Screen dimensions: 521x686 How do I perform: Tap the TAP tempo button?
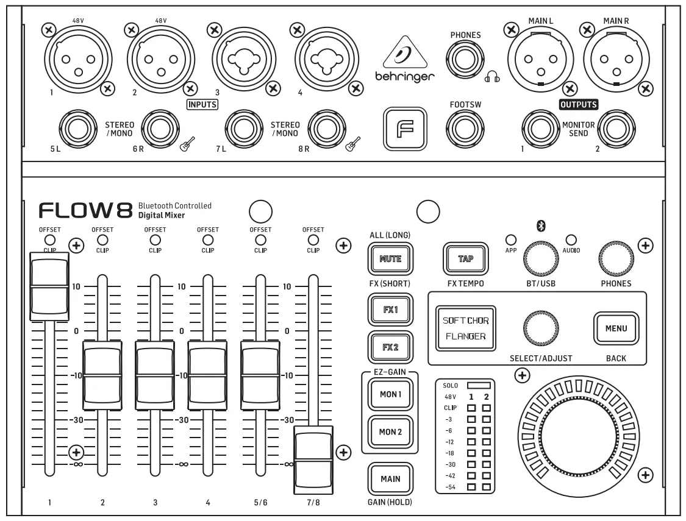tap(465, 258)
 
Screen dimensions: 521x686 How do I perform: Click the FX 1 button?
tap(390, 309)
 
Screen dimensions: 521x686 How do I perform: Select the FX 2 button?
tap(390, 348)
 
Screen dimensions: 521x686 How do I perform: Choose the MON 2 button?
tap(390, 432)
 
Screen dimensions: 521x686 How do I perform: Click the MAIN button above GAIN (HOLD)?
tap(390, 478)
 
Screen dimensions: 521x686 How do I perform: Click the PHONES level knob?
tap(615, 258)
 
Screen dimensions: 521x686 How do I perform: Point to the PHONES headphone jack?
tap(465, 63)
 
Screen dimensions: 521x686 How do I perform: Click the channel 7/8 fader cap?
tap(313, 461)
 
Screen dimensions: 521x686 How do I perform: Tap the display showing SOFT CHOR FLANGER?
tap(465, 328)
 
